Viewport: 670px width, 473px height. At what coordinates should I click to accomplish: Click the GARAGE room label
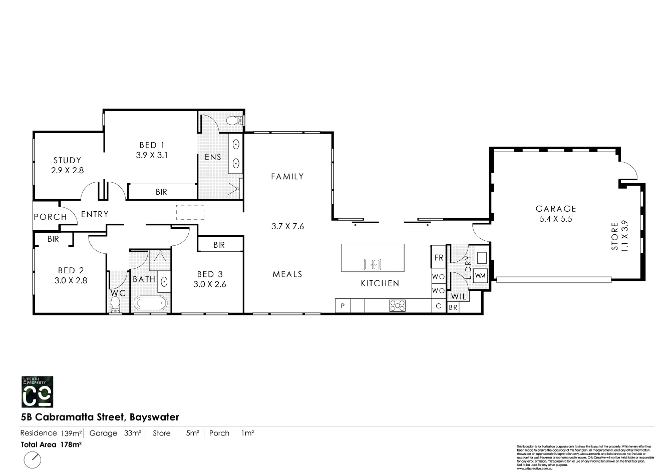[556, 209]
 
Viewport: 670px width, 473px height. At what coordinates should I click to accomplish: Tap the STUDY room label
[67, 160]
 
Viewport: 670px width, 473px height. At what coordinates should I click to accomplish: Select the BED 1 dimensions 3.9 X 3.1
[151, 155]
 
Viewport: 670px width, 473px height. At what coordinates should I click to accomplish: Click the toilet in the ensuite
[234, 121]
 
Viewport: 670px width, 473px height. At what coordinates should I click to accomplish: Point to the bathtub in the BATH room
[150, 304]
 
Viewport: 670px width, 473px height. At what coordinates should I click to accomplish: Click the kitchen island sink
[372, 264]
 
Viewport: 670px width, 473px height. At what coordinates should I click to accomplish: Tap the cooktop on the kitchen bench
[398, 305]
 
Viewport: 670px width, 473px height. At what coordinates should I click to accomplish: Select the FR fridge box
[439, 258]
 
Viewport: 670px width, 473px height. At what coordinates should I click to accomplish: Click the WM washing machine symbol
[480, 275]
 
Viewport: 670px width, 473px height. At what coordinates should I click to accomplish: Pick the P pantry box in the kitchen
[343, 306]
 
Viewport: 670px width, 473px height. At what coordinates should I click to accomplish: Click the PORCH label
[50, 217]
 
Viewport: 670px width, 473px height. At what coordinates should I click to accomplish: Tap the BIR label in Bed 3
[219, 245]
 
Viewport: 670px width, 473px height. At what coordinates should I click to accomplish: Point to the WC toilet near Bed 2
[116, 304]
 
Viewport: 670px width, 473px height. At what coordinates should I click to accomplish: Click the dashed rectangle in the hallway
[190, 212]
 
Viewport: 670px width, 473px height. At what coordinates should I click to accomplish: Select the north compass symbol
[33, 459]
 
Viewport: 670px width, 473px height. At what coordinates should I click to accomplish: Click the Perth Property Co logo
[37, 391]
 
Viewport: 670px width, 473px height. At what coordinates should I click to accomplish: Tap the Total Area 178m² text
[51, 444]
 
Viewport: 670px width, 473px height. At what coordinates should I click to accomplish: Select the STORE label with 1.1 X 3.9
[619, 237]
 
